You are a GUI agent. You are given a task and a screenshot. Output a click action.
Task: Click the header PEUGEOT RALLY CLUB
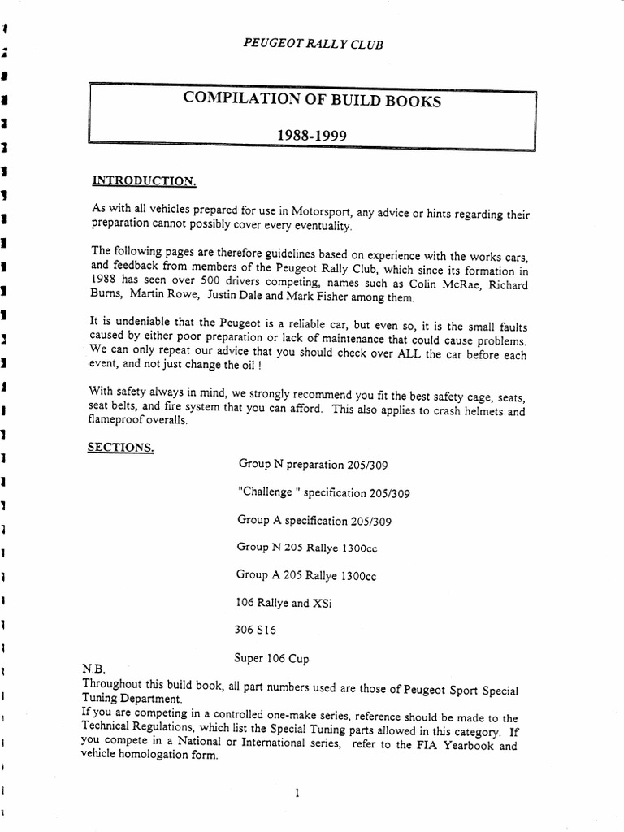click(313, 44)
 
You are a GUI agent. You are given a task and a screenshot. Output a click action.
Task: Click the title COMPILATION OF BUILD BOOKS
click(312, 101)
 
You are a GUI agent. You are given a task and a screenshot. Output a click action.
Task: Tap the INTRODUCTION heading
click(144, 180)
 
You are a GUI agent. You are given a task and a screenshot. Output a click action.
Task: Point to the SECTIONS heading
click(121, 447)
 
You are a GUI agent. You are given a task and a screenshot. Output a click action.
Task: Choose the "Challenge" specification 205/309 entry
click(324, 492)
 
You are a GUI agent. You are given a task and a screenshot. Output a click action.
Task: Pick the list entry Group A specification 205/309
click(319, 520)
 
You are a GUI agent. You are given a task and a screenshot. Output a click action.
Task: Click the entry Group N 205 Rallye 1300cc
click(307, 548)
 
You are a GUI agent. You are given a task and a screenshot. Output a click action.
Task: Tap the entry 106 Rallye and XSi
click(284, 603)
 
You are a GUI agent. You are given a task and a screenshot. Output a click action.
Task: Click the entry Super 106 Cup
click(271, 657)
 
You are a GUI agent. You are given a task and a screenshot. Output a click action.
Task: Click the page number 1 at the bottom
click(299, 794)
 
